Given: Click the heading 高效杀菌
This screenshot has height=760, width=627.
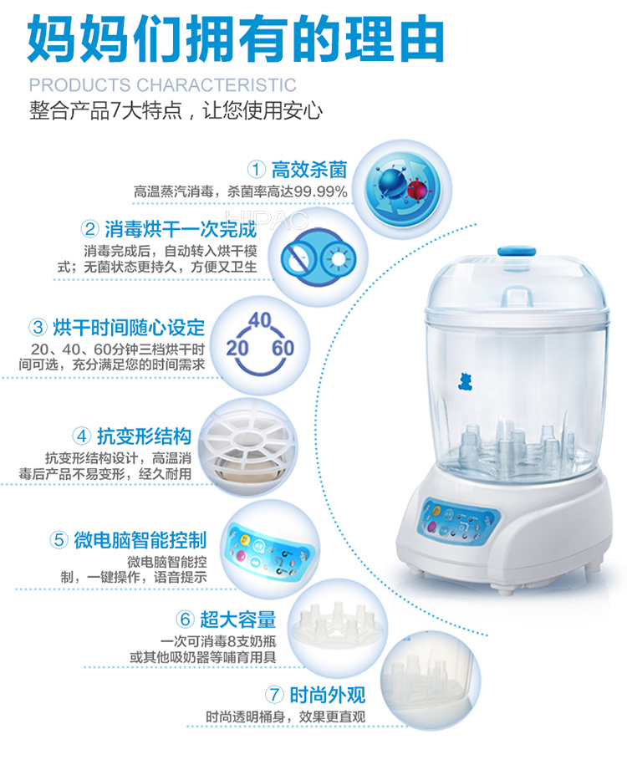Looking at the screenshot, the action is (x=309, y=170).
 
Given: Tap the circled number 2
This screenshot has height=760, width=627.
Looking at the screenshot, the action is (x=89, y=229).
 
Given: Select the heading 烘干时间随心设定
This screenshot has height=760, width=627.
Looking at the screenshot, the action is (x=129, y=328).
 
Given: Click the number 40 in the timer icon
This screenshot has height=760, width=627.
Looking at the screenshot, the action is (x=260, y=320).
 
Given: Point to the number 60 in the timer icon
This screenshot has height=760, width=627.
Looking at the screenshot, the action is (x=283, y=348).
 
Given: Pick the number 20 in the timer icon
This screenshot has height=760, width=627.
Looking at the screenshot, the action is (x=237, y=348).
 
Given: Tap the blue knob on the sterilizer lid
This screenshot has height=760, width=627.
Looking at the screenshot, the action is (x=517, y=252).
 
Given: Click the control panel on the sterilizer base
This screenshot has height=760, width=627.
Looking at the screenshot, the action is (x=456, y=522).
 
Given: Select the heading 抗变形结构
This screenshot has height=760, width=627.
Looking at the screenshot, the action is (x=145, y=436).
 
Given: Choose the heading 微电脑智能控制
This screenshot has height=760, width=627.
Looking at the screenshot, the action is (x=140, y=540).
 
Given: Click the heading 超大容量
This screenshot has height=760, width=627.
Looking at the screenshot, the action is (x=238, y=620).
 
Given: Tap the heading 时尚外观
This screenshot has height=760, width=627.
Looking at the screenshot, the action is (x=328, y=695).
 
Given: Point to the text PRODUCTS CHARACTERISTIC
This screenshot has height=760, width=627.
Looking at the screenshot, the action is (x=163, y=85).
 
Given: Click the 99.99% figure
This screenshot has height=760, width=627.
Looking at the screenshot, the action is (x=321, y=192).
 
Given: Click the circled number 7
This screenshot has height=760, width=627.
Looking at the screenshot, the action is (x=274, y=695).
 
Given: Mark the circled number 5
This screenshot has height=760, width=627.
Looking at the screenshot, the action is (x=59, y=540).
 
